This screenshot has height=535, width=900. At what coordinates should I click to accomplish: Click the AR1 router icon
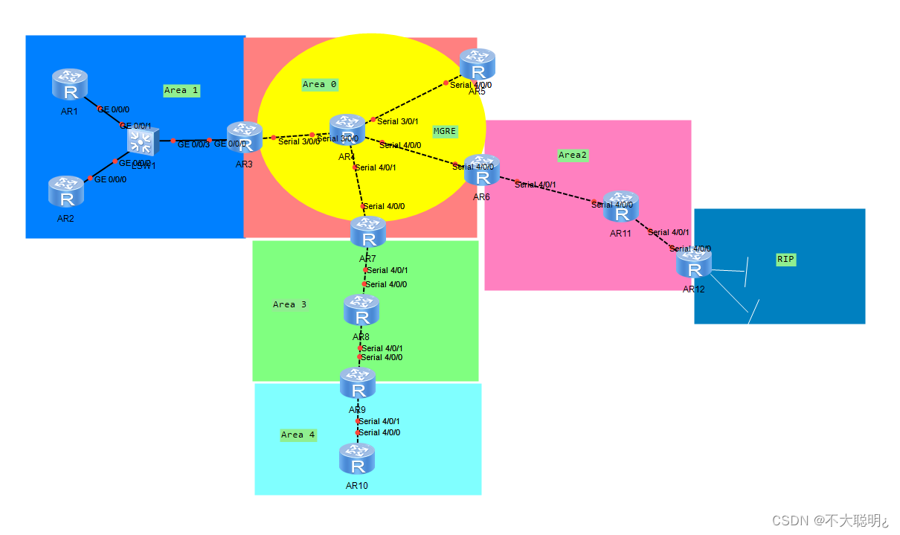click(70, 85)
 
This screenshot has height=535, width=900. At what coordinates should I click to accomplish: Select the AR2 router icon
click(67, 192)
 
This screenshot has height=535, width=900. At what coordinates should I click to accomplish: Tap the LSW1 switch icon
click(142, 141)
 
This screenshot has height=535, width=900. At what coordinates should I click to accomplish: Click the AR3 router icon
click(245, 138)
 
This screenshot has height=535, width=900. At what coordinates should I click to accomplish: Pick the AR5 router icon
click(477, 65)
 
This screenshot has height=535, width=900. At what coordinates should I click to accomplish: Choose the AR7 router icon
click(368, 233)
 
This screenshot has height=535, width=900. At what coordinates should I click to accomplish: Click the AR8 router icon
click(361, 310)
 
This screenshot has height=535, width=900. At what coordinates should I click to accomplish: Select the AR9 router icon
click(358, 384)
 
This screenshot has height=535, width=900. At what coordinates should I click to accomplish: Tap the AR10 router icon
click(357, 460)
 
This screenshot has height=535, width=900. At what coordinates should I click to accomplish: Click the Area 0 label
click(320, 85)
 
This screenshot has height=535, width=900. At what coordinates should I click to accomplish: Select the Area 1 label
click(181, 91)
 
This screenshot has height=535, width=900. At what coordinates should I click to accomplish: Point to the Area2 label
click(573, 156)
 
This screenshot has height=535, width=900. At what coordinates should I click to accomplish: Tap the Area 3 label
click(289, 304)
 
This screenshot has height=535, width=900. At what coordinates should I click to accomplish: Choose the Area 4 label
click(298, 435)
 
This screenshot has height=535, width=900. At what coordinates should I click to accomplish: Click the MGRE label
click(445, 131)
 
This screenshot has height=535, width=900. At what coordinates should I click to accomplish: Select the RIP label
click(785, 260)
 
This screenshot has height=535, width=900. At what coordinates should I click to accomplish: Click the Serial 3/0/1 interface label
click(398, 121)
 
